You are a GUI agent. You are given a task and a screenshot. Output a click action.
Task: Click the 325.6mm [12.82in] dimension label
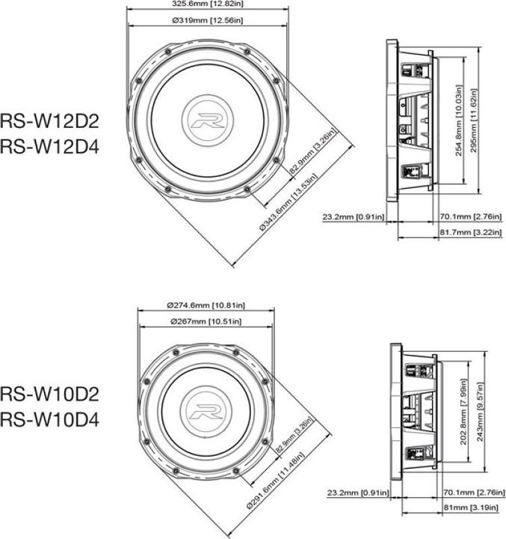pos(207,4)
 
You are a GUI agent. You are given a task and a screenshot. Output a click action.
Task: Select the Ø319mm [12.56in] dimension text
pos(207,20)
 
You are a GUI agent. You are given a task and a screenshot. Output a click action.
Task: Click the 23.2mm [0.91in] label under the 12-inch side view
pos(354,218)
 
